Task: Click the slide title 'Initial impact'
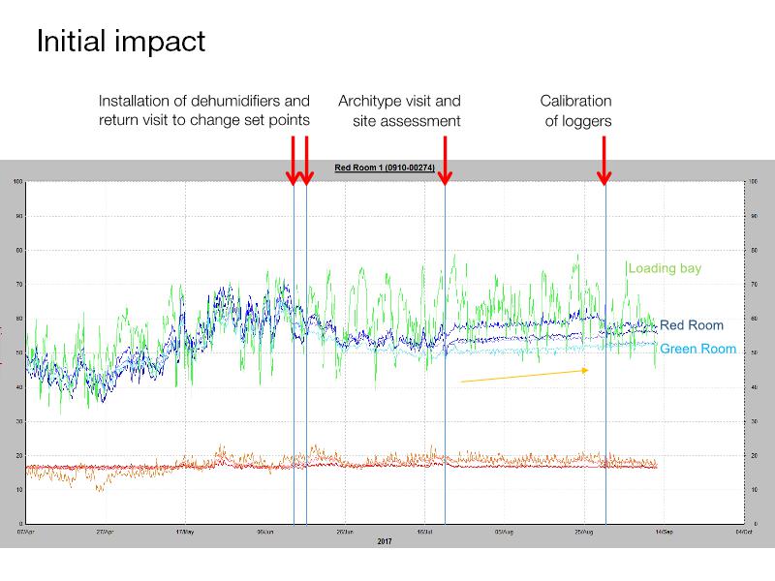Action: point(120,43)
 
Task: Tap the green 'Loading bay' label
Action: point(666,268)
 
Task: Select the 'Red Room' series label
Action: point(692,325)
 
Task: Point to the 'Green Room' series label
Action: point(697,349)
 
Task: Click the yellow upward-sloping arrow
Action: point(523,376)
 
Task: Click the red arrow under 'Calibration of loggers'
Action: point(604,160)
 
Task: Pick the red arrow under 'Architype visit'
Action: point(444,160)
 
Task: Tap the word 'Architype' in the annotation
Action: point(370,101)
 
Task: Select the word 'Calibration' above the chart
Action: point(575,101)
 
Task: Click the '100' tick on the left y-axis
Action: point(17,182)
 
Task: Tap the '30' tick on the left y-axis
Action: point(18,421)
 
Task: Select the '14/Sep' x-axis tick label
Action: point(664,532)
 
